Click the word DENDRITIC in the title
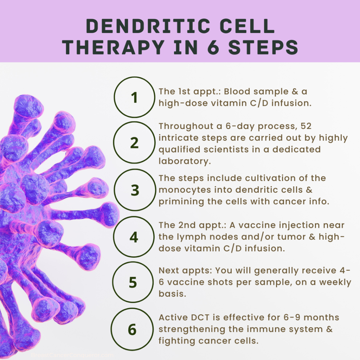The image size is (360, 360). pos(148,26)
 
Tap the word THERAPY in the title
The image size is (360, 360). pos(114,47)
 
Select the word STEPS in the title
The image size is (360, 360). pos(263,47)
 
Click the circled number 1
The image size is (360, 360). pos(135,97)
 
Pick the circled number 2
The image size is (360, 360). pos(134,143)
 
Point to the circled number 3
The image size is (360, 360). pos(135,190)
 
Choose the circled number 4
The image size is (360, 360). pos(134,237)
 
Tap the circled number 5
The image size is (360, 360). pos(133,282)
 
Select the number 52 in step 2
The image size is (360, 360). pos(306,126)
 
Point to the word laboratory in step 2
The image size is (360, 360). pos(185,161)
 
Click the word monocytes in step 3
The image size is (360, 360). pos(185,190)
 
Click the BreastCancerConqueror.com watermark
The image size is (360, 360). pos(72,355)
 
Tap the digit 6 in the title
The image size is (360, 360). pos(213,47)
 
